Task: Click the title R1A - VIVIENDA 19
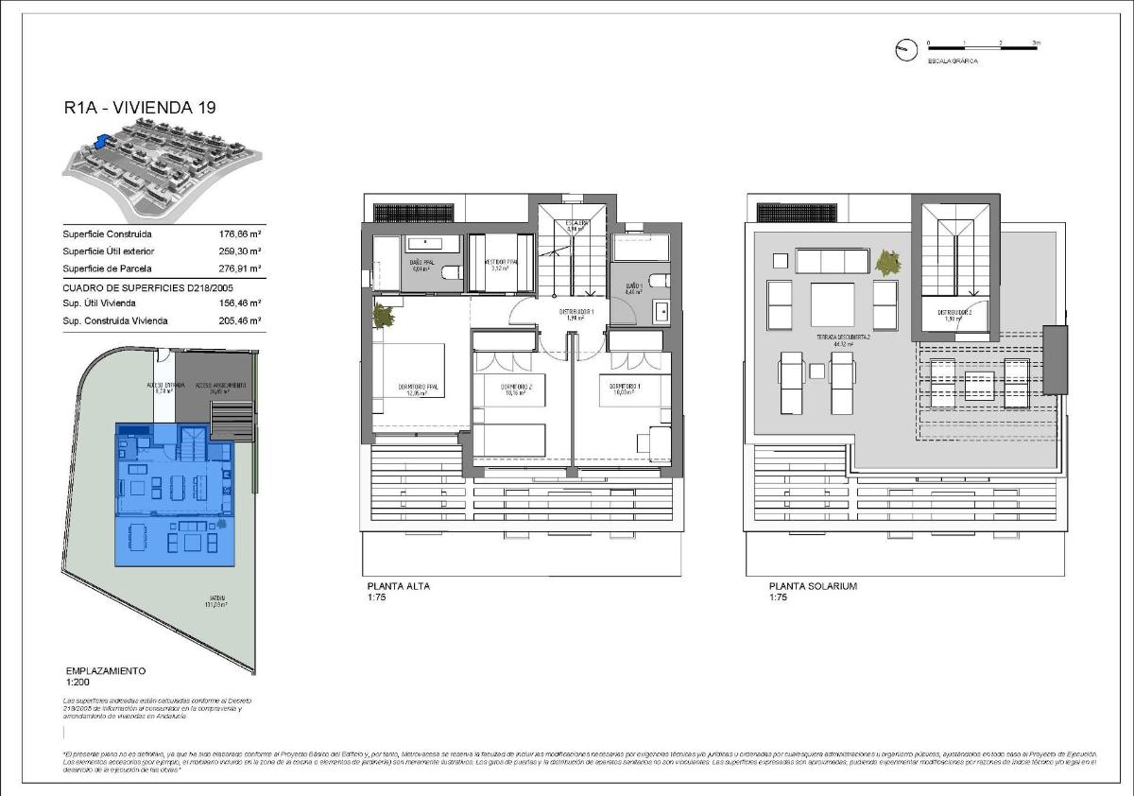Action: pyautogui.click(x=139, y=108)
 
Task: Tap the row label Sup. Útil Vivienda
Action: pyautogui.click(x=99, y=303)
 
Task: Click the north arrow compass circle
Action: pyautogui.click(x=905, y=50)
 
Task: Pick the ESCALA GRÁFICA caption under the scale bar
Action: pyautogui.click(x=952, y=61)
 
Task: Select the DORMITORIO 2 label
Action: pyautogui.click(x=517, y=388)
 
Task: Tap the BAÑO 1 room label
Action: pyautogui.click(x=634, y=286)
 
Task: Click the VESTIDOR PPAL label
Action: pyautogui.click(x=502, y=264)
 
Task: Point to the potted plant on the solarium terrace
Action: pyautogui.click(x=887, y=262)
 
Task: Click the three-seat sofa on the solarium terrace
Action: pyautogui.click(x=833, y=261)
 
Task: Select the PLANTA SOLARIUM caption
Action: pyautogui.click(x=813, y=586)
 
